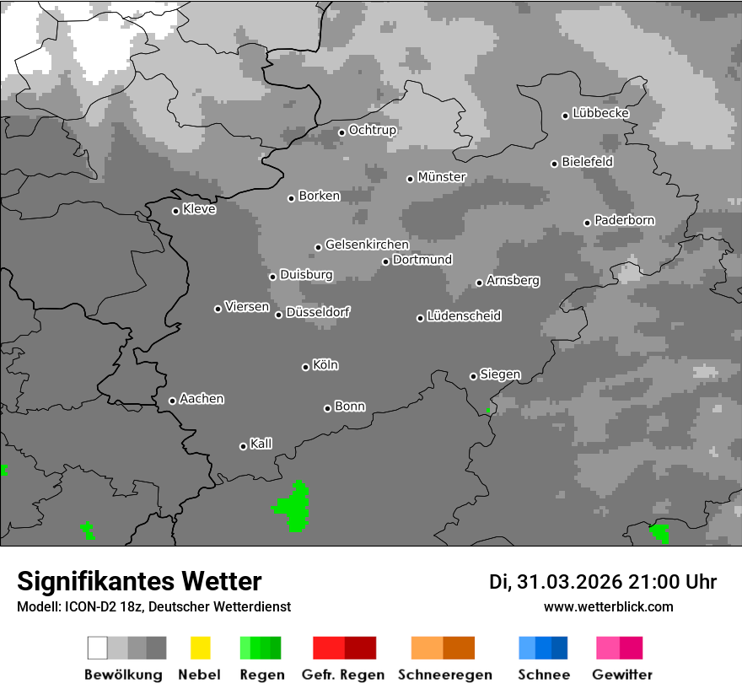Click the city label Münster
[x=442, y=177]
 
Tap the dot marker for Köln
[x=305, y=367]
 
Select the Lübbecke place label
[x=601, y=113]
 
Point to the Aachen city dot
[x=172, y=401]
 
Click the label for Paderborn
[x=625, y=220]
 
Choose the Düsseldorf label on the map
[x=318, y=312]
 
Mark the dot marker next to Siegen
[x=473, y=376]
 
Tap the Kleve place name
[x=200, y=209]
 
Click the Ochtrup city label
[x=373, y=130]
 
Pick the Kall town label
[x=261, y=444]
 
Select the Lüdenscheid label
[x=464, y=316]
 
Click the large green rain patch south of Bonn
[x=293, y=508]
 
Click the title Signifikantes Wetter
[x=139, y=581]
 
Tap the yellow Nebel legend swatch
[x=201, y=648]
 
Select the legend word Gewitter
[x=622, y=675]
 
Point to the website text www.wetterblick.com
[x=608, y=606]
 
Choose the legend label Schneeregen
[x=445, y=675]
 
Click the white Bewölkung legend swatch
[x=98, y=648]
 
